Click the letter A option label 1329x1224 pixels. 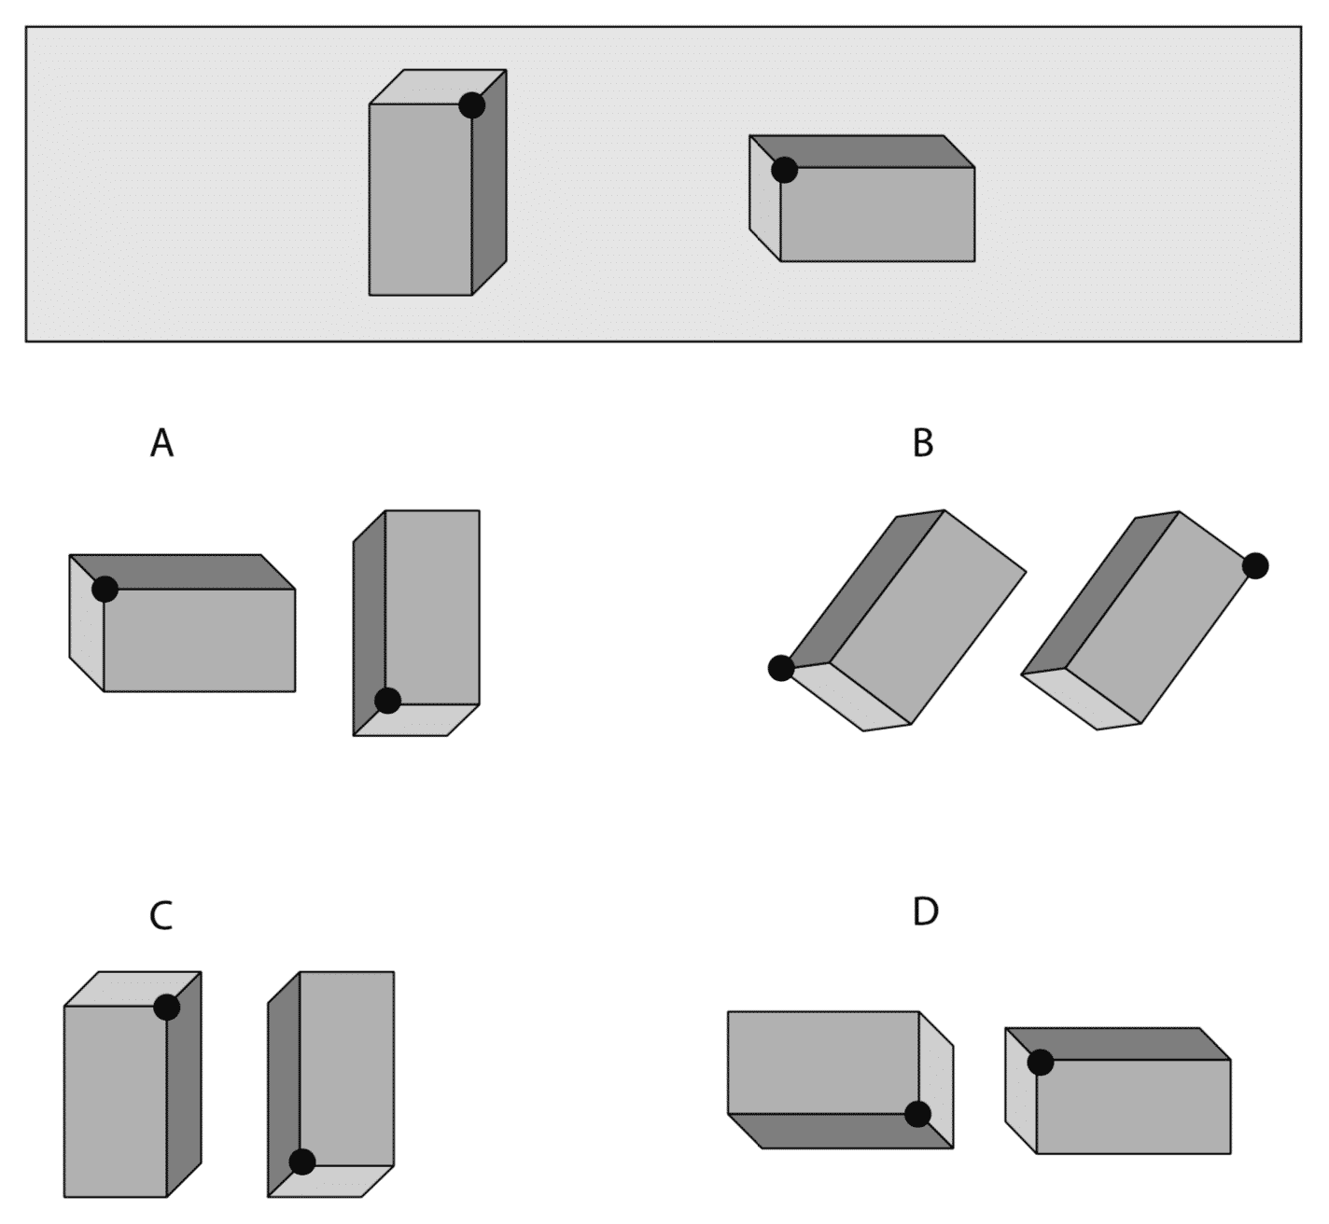[x=161, y=443]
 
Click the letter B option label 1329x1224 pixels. [x=922, y=443]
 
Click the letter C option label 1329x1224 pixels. [x=161, y=916]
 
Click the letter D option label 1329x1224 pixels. [x=924, y=911]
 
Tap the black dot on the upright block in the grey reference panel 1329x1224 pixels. [x=472, y=105]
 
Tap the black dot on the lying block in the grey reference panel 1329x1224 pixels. [x=784, y=170]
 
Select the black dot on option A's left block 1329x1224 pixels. [x=105, y=589]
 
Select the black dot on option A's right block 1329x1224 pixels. [x=387, y=700]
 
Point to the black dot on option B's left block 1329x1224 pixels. [x=781, y=668]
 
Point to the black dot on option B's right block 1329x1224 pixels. [x=1255, y=565]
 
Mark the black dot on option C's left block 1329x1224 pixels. [x=166, y=1008]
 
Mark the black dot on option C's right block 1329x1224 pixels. [x=301, y=1161]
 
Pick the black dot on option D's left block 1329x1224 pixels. [x=917, y=1114]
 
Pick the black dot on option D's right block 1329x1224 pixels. [x=1041, y=1062]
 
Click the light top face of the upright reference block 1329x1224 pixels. [x=438, y=87]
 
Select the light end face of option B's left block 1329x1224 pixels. [x=849, y=695]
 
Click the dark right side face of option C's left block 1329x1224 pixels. [x=184, y=1082]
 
